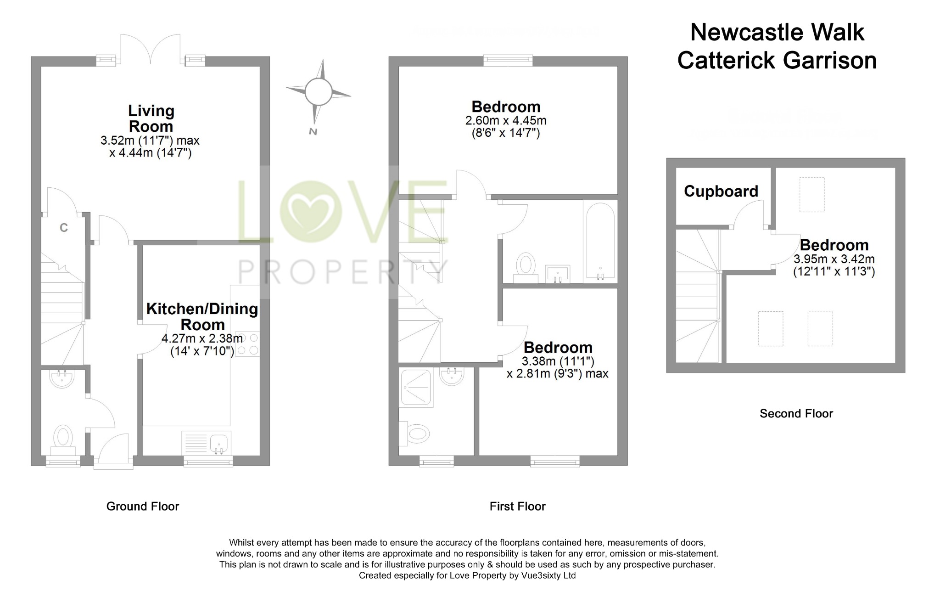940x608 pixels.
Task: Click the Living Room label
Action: point(151,118)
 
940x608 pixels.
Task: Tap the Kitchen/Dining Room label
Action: point(202,316)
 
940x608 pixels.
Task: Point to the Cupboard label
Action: point(721,191)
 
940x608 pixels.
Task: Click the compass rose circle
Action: point(318,92)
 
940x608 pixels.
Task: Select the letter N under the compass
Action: point(313,132)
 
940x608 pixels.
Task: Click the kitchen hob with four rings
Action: point(247,344)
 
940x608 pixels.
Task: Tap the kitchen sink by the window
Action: point(219,443)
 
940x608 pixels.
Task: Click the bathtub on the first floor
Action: point(600,241)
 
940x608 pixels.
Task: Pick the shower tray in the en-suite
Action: point(416,388)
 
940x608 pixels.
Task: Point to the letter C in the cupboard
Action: point(64,227)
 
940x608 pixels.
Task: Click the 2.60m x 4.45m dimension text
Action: point(506,121)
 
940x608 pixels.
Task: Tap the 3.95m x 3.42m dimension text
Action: point(834,259)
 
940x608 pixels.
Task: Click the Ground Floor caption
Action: point(143,506)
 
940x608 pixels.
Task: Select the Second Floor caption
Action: point(796,413)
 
